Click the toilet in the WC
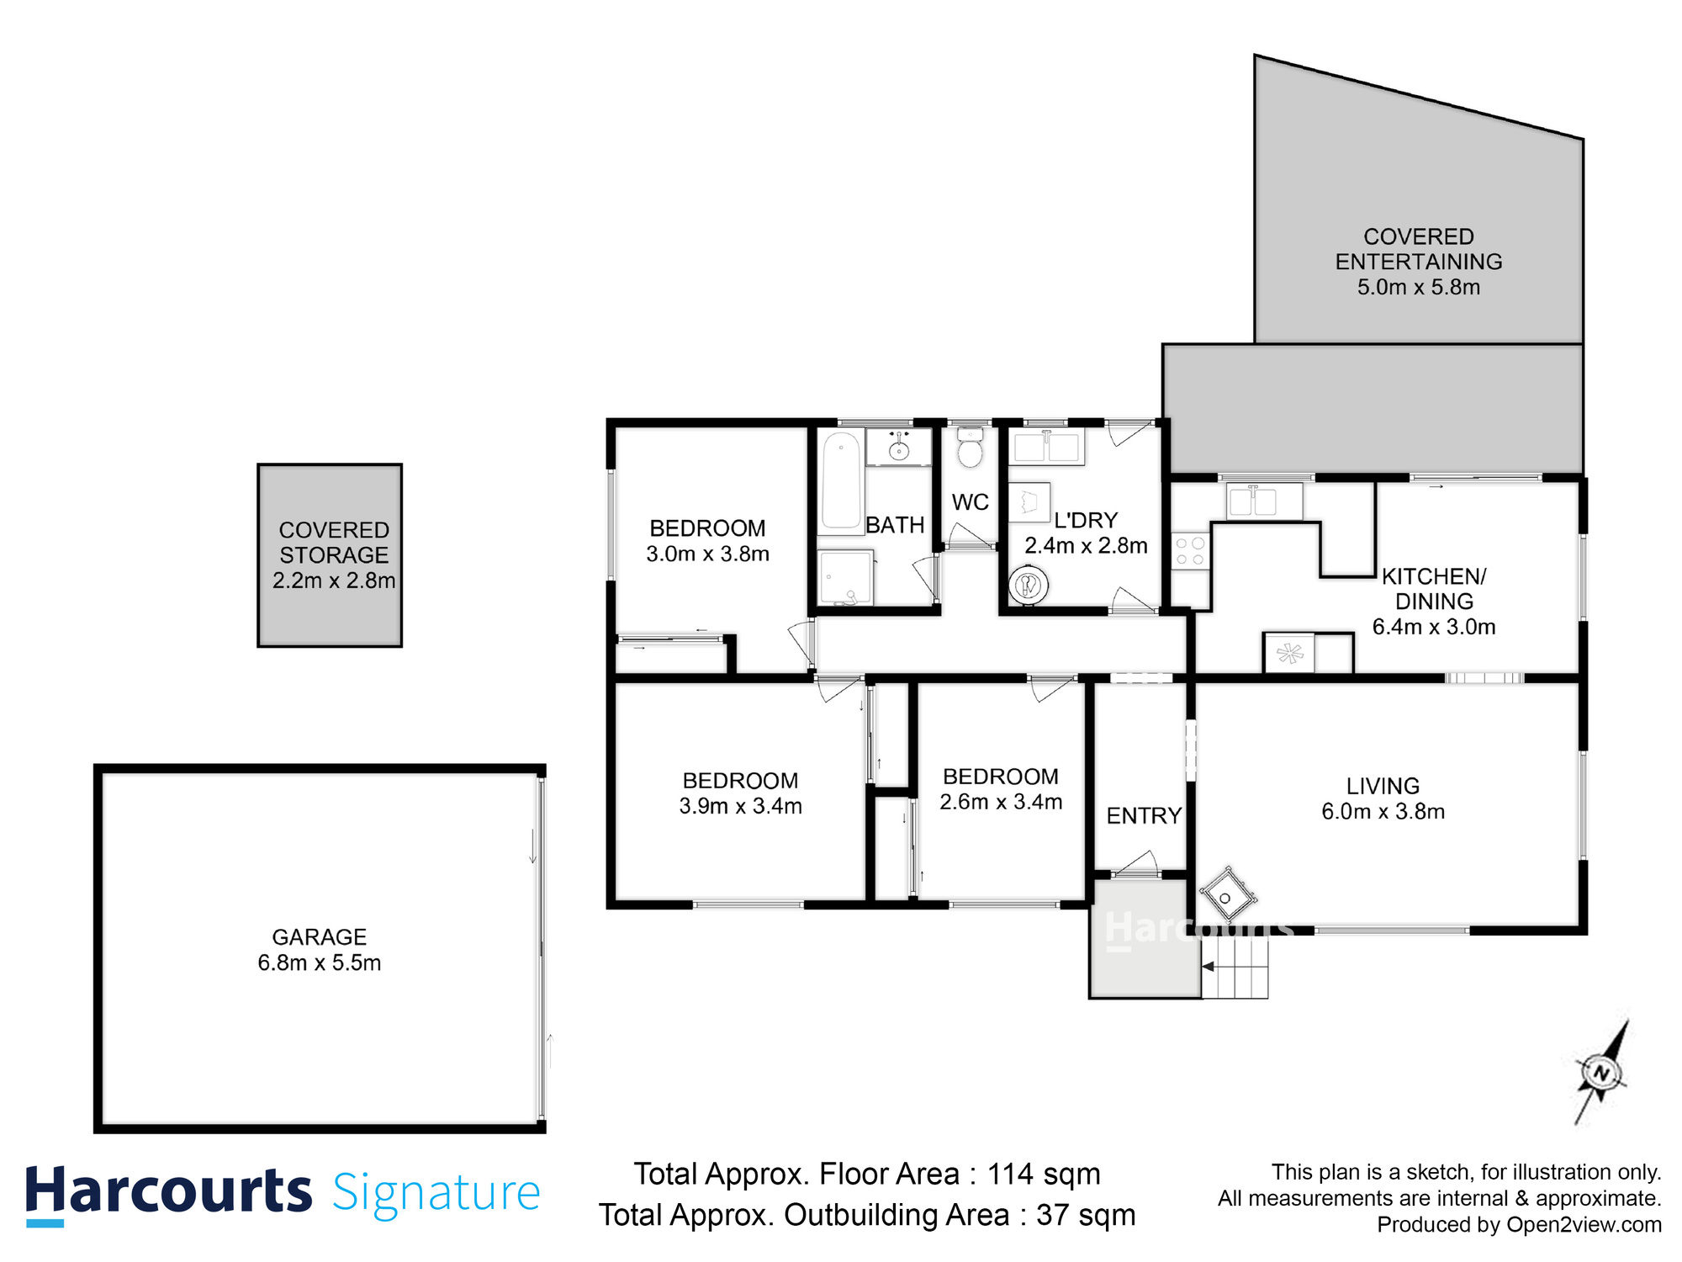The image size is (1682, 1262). click(970, 449)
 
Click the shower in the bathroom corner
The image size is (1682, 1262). click(845, 578)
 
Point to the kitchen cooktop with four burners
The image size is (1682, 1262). click(1190, 552)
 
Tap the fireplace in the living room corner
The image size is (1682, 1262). click(1227, 897)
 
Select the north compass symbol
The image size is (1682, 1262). click(1601, 1074)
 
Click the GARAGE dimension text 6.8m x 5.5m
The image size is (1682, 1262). click(320, 962)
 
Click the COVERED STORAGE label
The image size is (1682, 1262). click(334, 543)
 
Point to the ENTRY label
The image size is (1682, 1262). click(1144, 815)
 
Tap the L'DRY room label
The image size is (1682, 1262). click(1086, 521)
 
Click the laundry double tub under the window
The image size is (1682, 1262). click(1046, 448)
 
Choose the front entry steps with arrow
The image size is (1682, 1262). click(1235, 968)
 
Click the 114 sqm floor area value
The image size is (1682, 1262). click(1043, 1174)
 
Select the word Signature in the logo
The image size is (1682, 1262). click(436, 1193)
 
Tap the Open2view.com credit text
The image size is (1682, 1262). click(1584, 1225)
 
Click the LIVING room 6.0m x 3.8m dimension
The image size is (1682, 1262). click(1383, 812)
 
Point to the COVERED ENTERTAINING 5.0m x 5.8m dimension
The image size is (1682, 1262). click(1418, 287)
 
